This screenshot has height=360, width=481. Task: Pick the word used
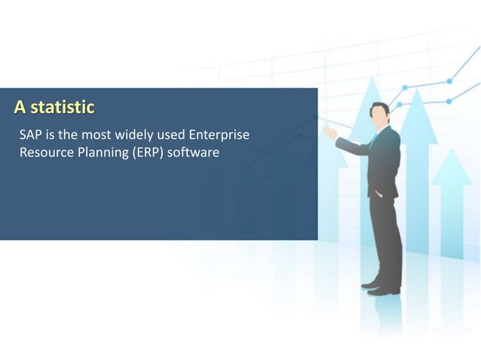pos(172,136)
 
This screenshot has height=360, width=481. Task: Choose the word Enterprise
pos(220,136)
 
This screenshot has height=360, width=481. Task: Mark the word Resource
pos(44,154)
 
